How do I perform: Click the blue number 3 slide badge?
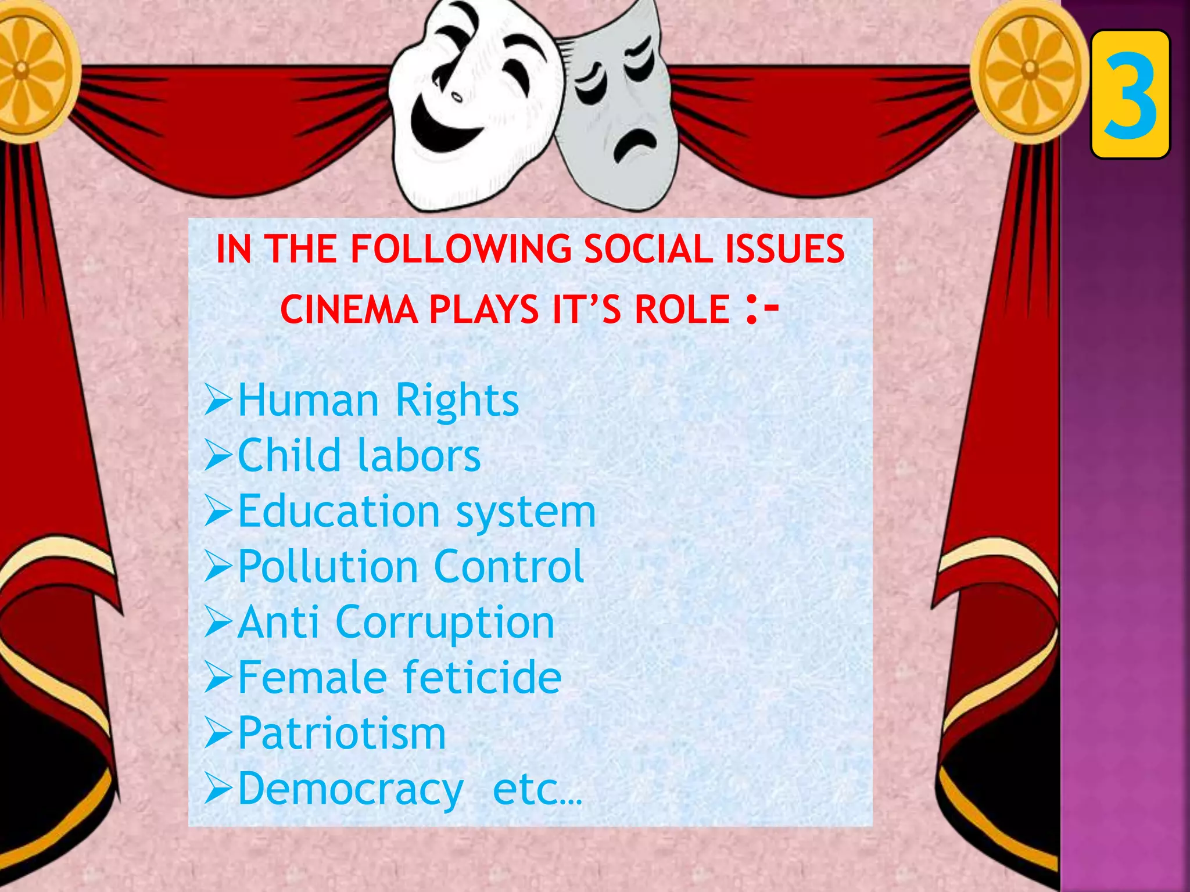(1130, 95)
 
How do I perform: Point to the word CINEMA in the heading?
(349, 310)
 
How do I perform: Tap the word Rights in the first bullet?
(457, 401)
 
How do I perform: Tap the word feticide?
(482, 678)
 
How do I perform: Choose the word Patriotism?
(342, 733)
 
